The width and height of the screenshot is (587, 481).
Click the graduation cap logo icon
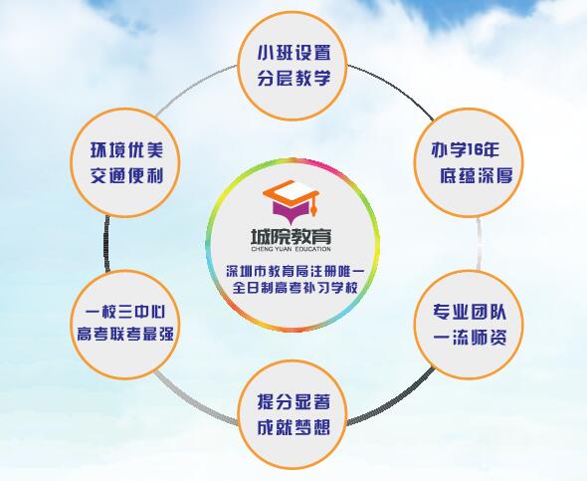[291, 202]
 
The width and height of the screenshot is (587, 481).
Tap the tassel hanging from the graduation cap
[314, 207]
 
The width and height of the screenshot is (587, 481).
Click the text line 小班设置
[293, 53]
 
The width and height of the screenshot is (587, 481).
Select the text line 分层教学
[293, 78]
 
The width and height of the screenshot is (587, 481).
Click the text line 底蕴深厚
[476, 175]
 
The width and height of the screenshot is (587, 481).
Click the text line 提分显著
[293, 401]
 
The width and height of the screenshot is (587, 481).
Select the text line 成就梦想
[293, 427]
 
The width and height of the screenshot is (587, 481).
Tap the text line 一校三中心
[125, 312]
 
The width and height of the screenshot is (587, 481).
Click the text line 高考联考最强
[125, 334]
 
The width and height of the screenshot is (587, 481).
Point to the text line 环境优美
[127, 149]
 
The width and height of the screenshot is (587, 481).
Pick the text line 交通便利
[127, 175]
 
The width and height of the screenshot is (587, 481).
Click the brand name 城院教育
[291, 236]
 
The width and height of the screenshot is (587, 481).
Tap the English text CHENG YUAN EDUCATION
[291, 249]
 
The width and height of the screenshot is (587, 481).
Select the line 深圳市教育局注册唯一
[295, 271]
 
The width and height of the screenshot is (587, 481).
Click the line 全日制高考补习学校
[295, 288]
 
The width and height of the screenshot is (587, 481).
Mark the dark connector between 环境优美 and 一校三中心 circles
[107, 244]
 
